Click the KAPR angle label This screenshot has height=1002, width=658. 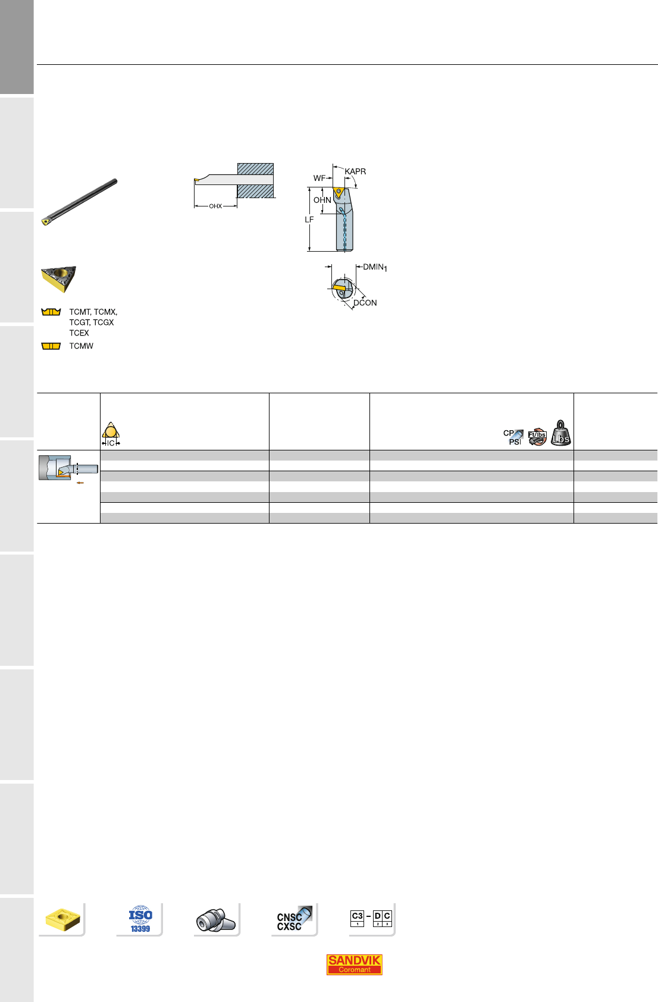(x=355, y=171)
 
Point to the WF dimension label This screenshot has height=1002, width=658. (x=319, y=178)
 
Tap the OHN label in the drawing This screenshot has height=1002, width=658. (x=322, y=200)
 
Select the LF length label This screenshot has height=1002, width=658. (x=309, y=220)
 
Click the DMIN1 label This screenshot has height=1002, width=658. (x=375, y=267)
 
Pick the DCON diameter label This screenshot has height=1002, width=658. (x=365, y=303)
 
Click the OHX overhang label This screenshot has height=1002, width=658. (x=215, y=206)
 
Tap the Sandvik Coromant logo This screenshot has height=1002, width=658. (x=354, y=965)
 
